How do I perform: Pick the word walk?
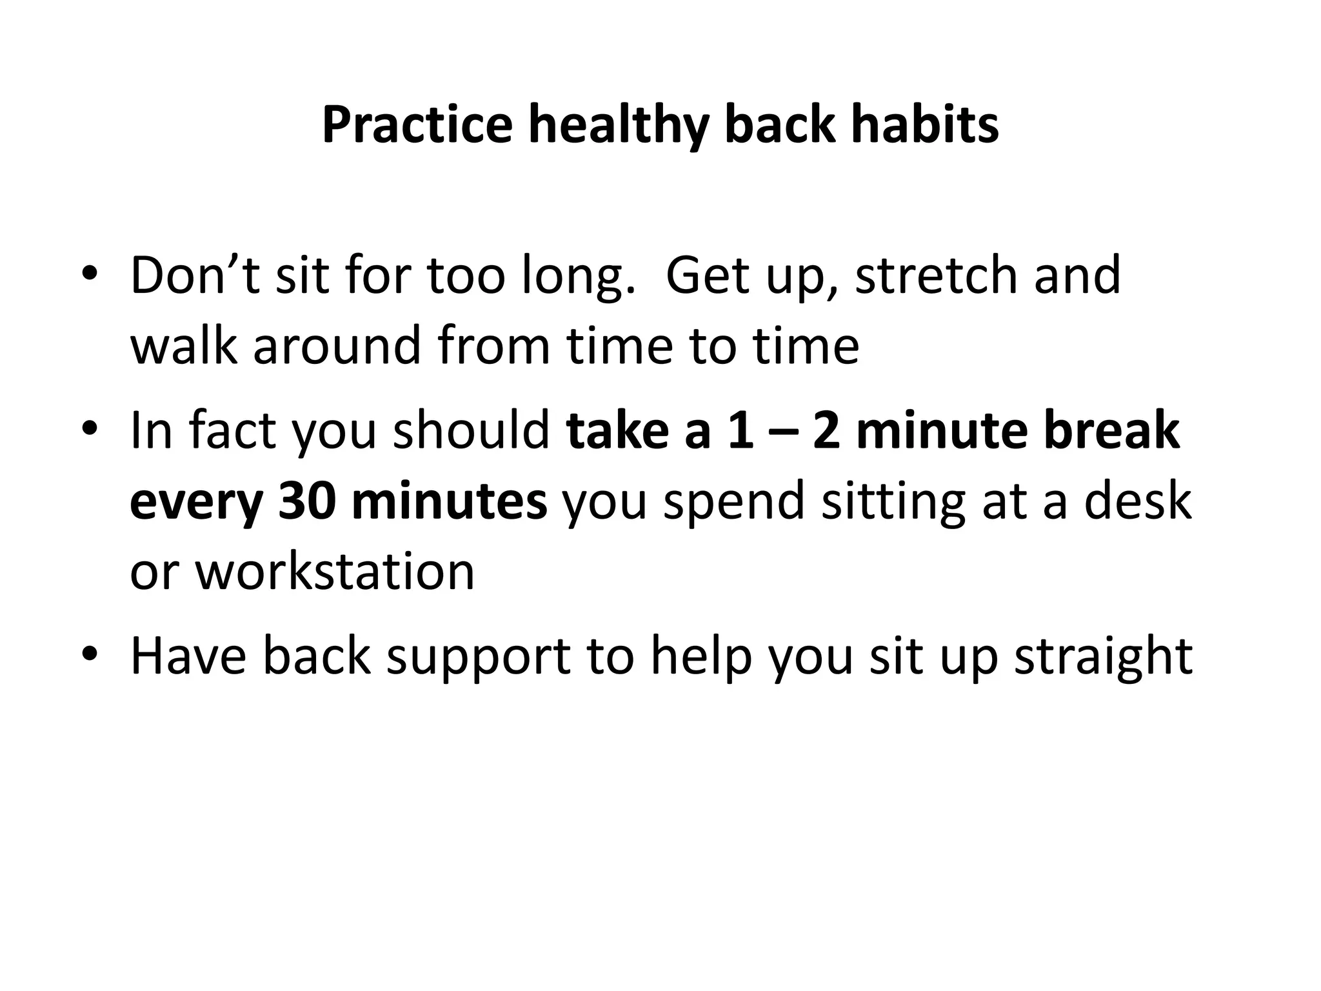click(x=184, y=346)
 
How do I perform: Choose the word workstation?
click(x=335, y=572)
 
